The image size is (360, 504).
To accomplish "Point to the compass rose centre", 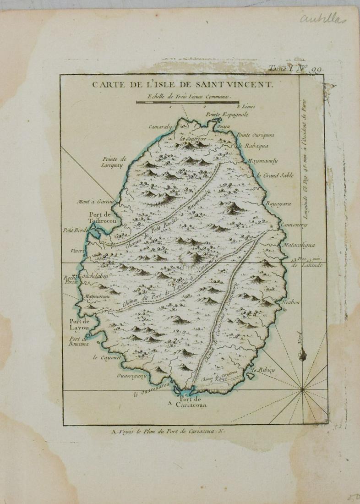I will (302, 390).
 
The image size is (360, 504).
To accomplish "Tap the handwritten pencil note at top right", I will (322, 19).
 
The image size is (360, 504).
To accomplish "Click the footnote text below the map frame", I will (166, 431).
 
